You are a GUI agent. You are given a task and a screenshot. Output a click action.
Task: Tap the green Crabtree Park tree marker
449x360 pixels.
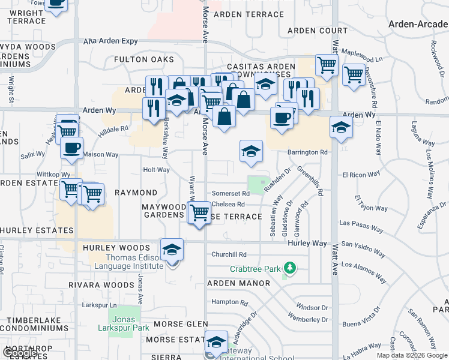(x=290, y=266)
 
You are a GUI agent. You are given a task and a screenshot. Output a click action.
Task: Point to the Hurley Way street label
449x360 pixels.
(x=307, y=244)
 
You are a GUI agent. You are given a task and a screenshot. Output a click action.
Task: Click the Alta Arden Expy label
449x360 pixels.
(x=107, y=41)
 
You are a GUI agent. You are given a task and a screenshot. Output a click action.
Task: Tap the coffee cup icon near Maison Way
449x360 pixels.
(x=71, y=148)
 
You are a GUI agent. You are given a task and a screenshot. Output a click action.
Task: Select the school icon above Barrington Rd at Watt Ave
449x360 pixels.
(x=341, y=128)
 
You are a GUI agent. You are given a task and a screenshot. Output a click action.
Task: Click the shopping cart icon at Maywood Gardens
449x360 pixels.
(x=199, y=212)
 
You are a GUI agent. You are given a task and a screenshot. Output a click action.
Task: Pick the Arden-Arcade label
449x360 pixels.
(x=418, y=24)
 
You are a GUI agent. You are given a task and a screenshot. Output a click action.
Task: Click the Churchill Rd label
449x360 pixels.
(x=229, y=254)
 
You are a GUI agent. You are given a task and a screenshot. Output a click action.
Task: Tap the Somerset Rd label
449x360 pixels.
(x=231, y=194)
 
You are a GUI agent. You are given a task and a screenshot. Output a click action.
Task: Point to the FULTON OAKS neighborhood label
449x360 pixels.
(x=144, y=60)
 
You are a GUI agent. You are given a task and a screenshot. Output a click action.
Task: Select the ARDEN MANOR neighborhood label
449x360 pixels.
(x=238, y=283)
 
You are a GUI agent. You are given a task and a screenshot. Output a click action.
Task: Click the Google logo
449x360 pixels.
(x=20, y=353)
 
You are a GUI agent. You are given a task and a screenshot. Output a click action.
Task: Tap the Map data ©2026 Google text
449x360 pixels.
(x=412, y=355)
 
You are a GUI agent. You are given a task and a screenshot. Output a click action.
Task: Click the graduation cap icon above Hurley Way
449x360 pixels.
(x=172, y=250)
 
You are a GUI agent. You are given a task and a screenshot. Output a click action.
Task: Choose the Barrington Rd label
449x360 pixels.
(x=307, y=152)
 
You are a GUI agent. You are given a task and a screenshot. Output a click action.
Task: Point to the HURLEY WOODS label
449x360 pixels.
(x=116, y=248)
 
